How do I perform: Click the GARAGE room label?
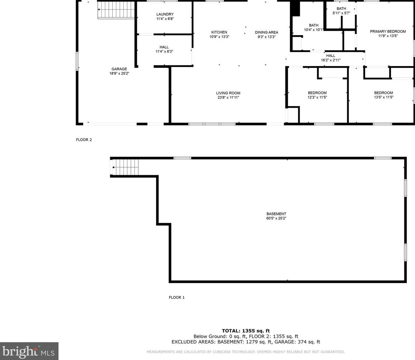click(x=119, y=69)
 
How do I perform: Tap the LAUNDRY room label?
click(x=165, y=14)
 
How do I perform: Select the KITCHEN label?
click(x=219, y=32)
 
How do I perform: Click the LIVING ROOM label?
click(x=228, y=93)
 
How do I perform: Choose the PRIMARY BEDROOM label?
click(x=388, y=32)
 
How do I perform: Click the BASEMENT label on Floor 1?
click(x=276, y=214)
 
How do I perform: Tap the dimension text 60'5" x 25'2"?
click(x=276, y=218)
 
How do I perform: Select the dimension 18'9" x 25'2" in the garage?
click(x=119, y=73)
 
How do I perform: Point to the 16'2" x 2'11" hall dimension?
click(x=330, y=60)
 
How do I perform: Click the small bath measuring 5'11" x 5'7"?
click(x=341, y=11)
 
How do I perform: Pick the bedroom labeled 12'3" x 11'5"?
click(x=317, y=95)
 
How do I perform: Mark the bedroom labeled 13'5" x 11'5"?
click(x=383, y=95)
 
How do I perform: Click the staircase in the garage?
click(x=116, y=10)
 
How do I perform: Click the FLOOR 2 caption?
click(x=84, y=140)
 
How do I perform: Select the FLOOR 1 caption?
click(x=176, y=297)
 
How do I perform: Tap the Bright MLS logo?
click(x=29, y=351)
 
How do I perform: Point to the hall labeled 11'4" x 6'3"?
click(x=164, y=49)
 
